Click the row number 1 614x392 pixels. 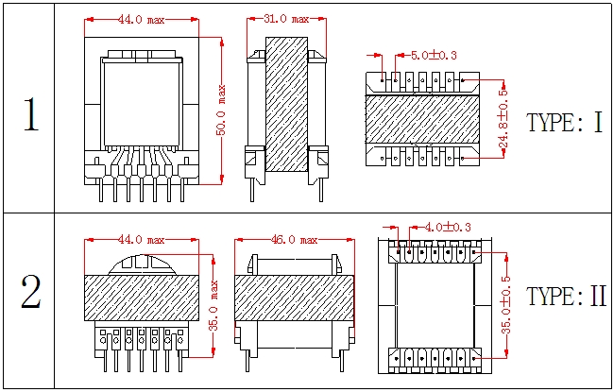[30, 114]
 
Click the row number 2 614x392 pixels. [30, 294]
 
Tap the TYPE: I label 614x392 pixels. [564, 124]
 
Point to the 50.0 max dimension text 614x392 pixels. [221, 111]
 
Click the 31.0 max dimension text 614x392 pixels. [286, 19]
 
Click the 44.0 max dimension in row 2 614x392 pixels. [141, 241]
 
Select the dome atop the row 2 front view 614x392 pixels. [142, 264]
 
